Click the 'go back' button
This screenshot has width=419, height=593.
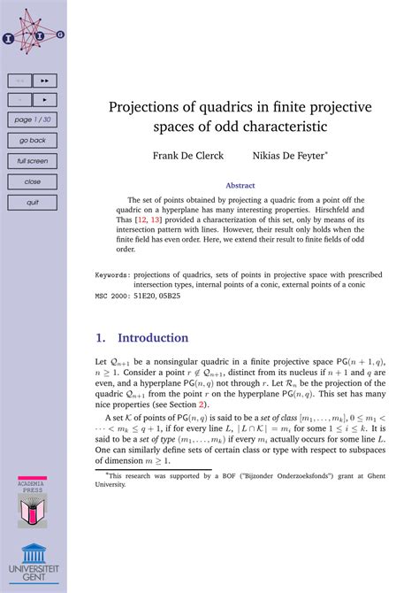(x=33, y=140)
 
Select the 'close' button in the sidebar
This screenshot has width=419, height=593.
(x=33, y=181)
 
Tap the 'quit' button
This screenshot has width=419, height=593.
(x=33, y=202)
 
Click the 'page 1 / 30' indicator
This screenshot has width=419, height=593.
(x=33, y=119)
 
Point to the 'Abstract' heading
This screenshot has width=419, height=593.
(x=240, y=186)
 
